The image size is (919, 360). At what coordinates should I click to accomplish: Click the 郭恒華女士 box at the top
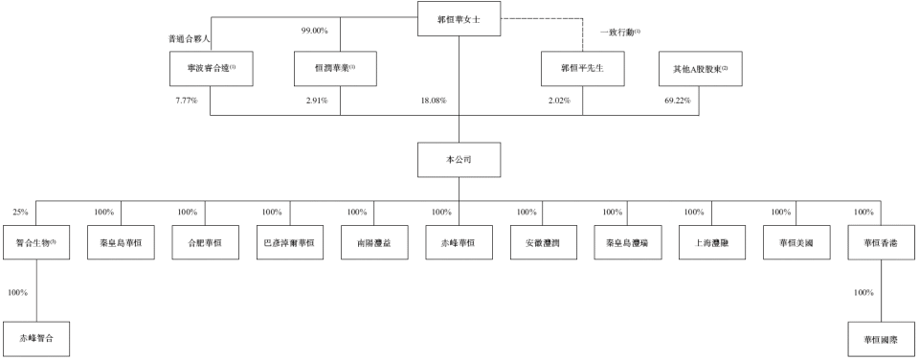coord(459,19)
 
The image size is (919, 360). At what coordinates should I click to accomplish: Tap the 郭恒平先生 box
coord(583,69)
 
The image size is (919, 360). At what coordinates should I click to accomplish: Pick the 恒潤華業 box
coord(337,69)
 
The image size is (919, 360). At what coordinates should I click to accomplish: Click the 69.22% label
coord(677,101)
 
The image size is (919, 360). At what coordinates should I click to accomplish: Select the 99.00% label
coord(314,31)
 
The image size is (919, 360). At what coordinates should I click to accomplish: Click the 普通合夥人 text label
coord(189,40)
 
